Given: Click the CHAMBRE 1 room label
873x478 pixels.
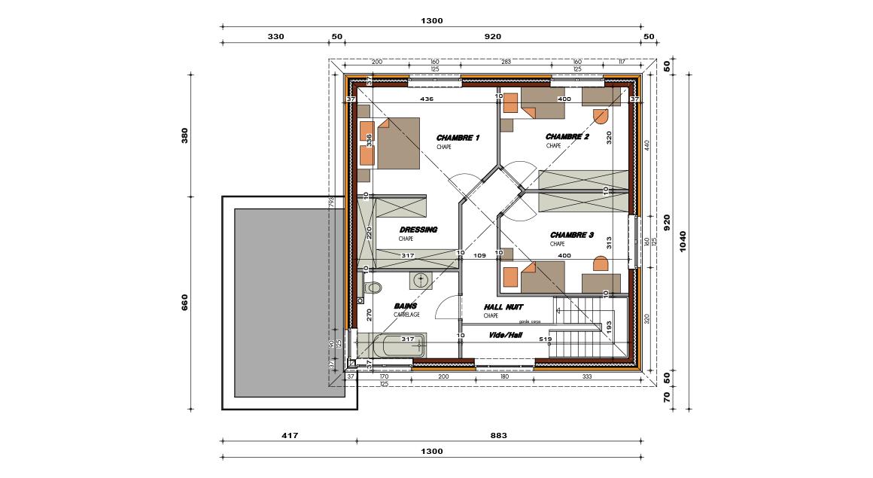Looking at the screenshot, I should (x=458, y=139).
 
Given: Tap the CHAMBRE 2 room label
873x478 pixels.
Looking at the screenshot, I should (x=567, y=137).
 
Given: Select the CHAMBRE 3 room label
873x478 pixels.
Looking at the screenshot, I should (x=571, y=236).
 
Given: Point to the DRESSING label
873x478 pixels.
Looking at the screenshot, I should (x=418, y=230).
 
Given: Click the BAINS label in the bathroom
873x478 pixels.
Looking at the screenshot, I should (x=405, y=306).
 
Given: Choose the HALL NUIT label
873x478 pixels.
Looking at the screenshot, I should (x=503, y=307).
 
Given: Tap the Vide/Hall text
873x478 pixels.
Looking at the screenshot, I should (x=505, y=335).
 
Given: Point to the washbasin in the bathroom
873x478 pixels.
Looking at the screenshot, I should (x=421, y=281).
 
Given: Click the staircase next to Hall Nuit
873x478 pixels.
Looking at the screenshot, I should (x=589, y=328).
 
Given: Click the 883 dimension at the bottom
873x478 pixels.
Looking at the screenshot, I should (x=498, y=435).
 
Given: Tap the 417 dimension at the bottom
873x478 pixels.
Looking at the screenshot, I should (x=290, y=435).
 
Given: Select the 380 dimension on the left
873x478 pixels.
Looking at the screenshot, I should (x=184, y=135).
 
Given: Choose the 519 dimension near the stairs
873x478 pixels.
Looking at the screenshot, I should (x=545, y=339).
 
